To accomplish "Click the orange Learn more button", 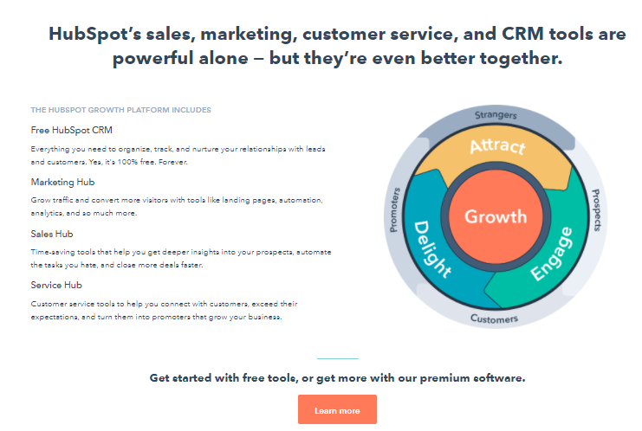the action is click(337, 409).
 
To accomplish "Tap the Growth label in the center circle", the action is click(496, 216).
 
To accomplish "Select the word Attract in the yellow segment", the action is click(497, 146).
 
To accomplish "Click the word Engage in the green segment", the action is click(552, 254).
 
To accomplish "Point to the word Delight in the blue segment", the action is click(432, 249).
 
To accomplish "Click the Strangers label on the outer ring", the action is click(496, 115).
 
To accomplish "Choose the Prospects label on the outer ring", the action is click(597, 209).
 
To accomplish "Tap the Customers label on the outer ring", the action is click(494, 318).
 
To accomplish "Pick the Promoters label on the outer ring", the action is click(394, 209).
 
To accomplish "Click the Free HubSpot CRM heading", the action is click(71, 130).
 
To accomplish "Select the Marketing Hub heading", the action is click(62, 182).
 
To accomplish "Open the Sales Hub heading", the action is click(52, 234).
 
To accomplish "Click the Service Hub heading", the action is click(56, 285).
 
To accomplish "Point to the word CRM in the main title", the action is click(522, 34).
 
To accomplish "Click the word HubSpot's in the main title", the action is click(94, 35).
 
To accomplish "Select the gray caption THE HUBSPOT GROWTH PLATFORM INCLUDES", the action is click(120, 110).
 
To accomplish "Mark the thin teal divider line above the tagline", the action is click(338, 358).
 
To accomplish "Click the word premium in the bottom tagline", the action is click(444, 378).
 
